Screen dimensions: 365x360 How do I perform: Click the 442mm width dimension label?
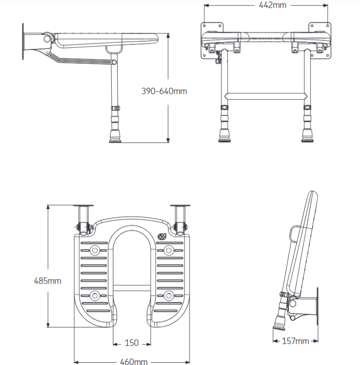266,5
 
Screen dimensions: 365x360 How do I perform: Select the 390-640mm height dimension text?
164,91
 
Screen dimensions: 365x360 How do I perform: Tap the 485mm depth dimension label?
47,280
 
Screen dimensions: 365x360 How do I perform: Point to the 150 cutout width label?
132,343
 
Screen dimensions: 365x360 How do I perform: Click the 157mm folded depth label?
296,341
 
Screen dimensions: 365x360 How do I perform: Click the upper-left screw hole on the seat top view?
95,250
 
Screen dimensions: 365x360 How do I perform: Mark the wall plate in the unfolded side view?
23,41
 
